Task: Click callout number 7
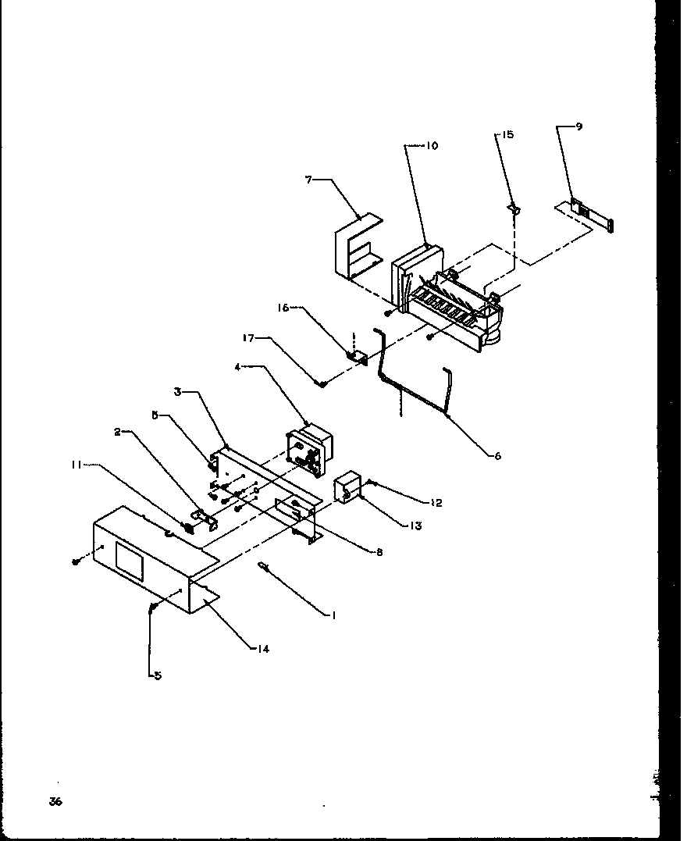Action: tap(309, 180)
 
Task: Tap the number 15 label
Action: tap(507, 135)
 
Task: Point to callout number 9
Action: tap(578, 127)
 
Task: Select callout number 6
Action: tap(497, 456)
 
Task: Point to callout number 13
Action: tap(415, 526)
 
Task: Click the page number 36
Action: tap(55, 802)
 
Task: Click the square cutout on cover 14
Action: tap(129, 561)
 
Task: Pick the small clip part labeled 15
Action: tap(514, 208)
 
